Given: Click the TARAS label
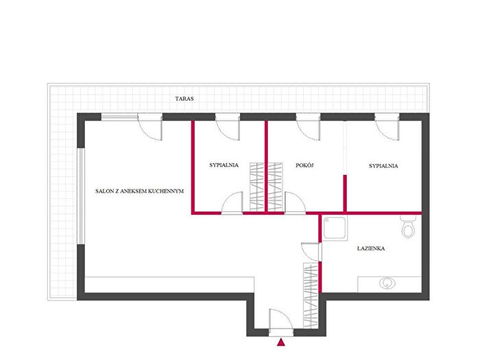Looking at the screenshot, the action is [184, 99].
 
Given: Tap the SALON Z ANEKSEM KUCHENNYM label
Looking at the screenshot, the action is [139, 191].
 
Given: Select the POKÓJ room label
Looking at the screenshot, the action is [304, 165].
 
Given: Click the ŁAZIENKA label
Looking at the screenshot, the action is [371, 248].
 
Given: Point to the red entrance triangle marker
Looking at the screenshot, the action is [281, 343].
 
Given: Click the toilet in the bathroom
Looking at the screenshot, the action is [408, 227].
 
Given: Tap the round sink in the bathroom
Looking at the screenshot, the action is [387, 283].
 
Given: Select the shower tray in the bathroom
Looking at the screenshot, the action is [335, 228].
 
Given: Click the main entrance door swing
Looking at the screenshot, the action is [281, 319].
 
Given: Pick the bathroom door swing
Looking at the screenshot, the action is [311, 252].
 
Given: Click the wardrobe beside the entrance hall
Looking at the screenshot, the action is [311, 296].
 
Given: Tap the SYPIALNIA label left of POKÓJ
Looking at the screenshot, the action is [224, 165].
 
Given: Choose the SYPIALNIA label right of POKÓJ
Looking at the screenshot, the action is [383, 166].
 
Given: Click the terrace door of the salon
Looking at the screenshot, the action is [150, 128].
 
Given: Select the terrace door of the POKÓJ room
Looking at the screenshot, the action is [309, 128].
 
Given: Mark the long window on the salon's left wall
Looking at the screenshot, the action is [80, 196].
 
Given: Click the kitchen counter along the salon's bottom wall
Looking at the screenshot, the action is [169, 285].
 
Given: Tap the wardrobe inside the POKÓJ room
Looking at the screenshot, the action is [275, 187].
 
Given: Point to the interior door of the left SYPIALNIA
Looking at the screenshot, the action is [232, 202].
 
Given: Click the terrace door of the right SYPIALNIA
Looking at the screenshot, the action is [387, 128].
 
